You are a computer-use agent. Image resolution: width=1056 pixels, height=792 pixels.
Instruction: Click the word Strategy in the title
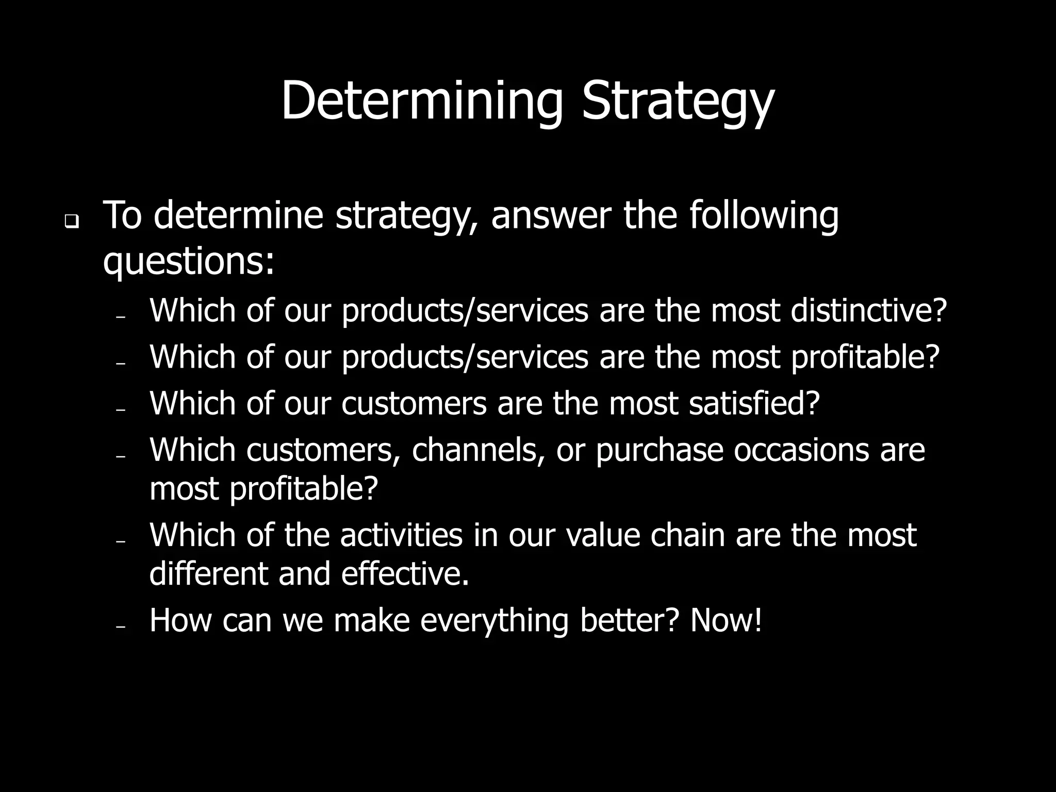point(678,102)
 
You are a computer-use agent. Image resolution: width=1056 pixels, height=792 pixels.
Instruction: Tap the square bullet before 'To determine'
point(71,223)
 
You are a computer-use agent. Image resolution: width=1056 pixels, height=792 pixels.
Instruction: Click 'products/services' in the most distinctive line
point(465,311)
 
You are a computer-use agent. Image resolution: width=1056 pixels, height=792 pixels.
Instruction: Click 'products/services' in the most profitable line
point(465,357)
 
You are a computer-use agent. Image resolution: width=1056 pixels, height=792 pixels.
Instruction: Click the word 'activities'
point(401,535)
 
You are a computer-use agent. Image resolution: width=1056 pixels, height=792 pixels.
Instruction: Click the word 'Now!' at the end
point(726,620)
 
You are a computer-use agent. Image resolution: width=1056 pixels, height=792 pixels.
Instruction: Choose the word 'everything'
point(494,621)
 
